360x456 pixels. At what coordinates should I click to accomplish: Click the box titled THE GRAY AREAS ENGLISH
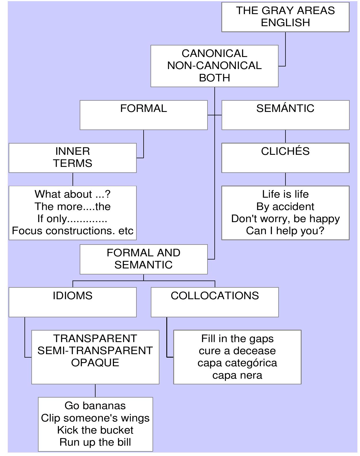tap(285, 17)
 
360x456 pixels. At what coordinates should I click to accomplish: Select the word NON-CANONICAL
tap(214, 66)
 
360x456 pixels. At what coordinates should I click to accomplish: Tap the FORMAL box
tap(143, 115)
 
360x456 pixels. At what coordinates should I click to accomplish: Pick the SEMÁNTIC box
tap(285, 115)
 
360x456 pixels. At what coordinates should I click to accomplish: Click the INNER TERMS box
tap(73, 157)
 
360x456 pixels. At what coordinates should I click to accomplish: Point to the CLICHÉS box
tap(285, 157)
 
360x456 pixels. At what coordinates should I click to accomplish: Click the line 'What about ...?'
tap(73, 194)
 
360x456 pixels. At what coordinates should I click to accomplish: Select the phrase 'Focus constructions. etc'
tap(73, 231)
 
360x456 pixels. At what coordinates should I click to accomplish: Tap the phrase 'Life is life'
tap(285, 194)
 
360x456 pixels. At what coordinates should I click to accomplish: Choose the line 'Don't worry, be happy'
tap(285, 219)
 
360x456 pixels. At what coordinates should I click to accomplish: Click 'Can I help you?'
tap(285, 231)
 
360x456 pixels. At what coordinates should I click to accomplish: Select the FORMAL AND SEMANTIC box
tap(143, 259)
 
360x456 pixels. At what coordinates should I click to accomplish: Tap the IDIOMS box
tap(73, 302)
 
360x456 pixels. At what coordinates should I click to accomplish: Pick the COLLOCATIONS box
tap(215, 302)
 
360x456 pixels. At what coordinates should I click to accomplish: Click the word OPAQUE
tap(95, 363)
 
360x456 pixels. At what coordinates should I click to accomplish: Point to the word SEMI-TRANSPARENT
tap(95, 351)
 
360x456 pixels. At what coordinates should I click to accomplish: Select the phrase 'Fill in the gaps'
tap(237, 339)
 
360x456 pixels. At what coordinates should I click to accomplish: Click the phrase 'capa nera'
tap(237, 375)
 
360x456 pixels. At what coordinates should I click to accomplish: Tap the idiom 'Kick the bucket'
tap(95, 430)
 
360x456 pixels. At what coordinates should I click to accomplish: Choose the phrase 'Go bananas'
tap(95, 406)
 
